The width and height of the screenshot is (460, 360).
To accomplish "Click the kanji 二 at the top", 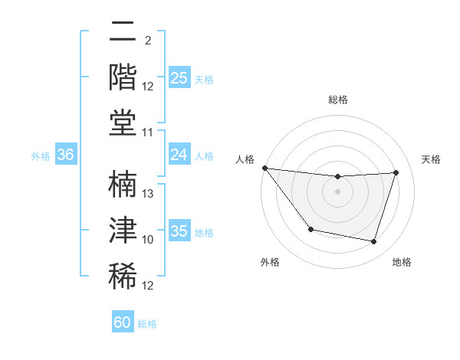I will tap(123, 33).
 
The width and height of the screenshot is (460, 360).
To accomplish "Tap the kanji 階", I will tap(123, 77).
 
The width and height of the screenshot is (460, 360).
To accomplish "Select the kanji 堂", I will tap(123, 123).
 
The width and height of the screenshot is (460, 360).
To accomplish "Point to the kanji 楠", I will tap(123, 185).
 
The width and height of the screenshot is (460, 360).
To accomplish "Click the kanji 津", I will tap(123, 230).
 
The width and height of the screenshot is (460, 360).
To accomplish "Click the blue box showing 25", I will tap(179, 77).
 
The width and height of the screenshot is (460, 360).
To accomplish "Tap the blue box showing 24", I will tap(179, 155).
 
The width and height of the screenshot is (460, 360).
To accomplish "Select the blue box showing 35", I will tap(179, 231).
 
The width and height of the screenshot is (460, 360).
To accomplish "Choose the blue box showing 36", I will tap(66, 155).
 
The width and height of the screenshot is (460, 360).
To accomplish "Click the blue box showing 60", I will tap(123, 322).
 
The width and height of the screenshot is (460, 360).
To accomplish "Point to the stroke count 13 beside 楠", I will tap(149, 194).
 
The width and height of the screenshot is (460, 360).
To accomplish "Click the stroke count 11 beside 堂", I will tap(149, 133).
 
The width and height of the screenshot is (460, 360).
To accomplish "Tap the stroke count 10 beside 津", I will tap(149, 240).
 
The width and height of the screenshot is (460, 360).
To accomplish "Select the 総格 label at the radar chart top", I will tap(337, 100).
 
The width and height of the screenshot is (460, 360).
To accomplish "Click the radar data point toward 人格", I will tap(264, 168).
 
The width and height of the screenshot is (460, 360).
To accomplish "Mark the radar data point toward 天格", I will tap(396, 172).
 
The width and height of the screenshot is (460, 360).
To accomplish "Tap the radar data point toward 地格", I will tap(373, 241).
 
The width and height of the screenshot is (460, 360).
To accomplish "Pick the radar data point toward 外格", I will tap(310, 229).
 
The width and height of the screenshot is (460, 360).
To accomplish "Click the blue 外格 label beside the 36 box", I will tap(41, 155).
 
